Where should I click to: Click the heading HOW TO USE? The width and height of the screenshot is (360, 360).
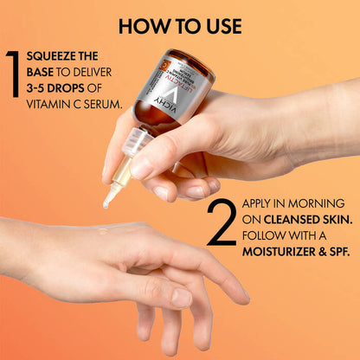pos(179,25)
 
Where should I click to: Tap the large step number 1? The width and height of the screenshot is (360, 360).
pos(12,83)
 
